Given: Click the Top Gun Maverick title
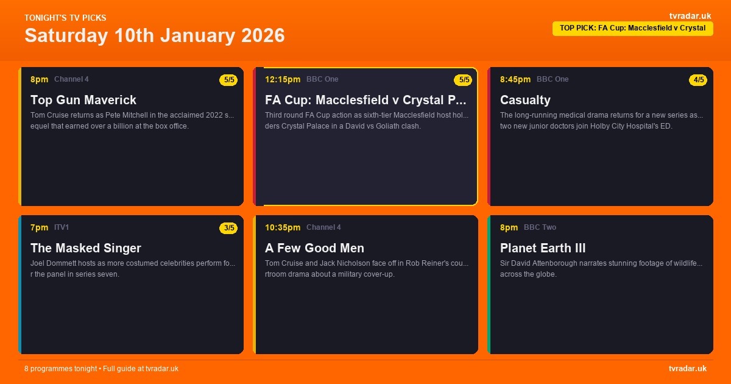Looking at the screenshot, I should (x=83, y=100).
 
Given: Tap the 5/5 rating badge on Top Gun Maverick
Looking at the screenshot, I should (x=229, y=80).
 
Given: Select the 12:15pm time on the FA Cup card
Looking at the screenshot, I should (x=283, y=79).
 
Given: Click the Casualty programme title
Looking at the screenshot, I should (x=525, y=100).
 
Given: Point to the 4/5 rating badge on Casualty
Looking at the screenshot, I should (x=698, y=80).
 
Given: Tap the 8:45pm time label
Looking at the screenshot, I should (x=515, y=79).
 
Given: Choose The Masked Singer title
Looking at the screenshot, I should (x=86, y=248).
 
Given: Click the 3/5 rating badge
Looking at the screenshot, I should (x=229, y=228).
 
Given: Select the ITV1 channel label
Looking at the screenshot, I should (x=62, y=227).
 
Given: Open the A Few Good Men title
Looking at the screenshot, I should (x=314, y=248).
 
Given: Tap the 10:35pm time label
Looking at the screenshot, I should (x=283, y=227).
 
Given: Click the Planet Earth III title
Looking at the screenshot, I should (x=543, y=248).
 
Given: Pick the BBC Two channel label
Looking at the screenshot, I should (x=540, y=227).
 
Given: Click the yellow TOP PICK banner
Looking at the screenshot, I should (x=632, y=28).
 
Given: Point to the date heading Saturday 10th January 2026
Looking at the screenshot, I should (x=155, y=35).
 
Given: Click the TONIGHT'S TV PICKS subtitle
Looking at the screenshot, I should (x=65, y=18).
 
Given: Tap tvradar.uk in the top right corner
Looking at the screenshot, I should (x=690, y=16).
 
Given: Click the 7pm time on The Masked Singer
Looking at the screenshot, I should (x=39, y=227).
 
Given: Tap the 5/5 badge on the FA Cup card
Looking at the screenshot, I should (x=463, y=80).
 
